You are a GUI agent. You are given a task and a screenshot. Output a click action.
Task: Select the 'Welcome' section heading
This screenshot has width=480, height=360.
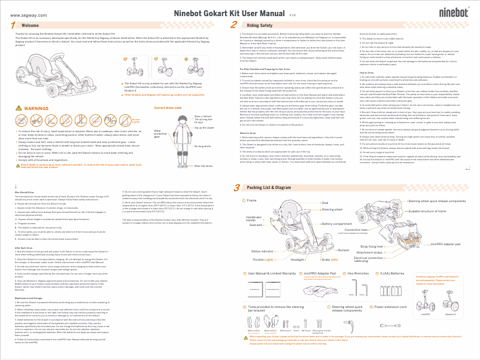point(30,26)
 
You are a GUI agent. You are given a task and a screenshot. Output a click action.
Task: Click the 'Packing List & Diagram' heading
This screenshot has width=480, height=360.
point(266,171)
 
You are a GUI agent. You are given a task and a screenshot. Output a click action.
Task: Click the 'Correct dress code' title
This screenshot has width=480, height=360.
point(168,108)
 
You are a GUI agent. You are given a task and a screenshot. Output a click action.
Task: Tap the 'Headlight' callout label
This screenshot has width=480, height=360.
point(298,260)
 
